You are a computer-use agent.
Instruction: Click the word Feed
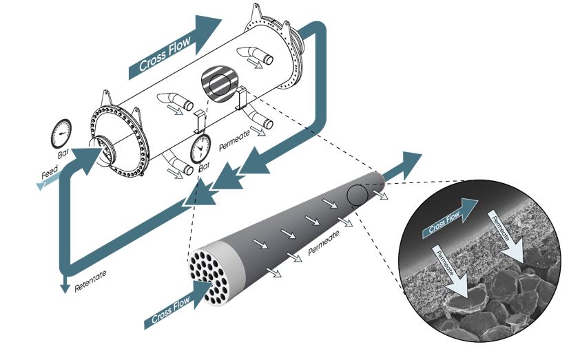[x=50, y=173]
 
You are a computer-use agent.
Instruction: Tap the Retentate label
[x=90, y=281]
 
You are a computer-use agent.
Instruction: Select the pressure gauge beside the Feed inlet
[x=61, y=134]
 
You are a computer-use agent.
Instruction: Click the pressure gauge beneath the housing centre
[x=200, y=149]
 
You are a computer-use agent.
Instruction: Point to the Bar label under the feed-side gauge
[x=64, y=153]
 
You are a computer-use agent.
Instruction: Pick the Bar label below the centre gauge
[x=205, y=167]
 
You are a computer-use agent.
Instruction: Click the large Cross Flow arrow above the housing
[x=175, y=47]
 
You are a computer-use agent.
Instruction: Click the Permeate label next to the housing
[x=234, y=140]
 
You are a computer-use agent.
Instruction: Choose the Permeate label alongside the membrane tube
[x=323, y=242]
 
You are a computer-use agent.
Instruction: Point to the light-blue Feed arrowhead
[x=41, y=186]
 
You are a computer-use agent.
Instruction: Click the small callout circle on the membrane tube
[x=358, y=195]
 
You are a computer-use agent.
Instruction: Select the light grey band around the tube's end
[x=229, y=268]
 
